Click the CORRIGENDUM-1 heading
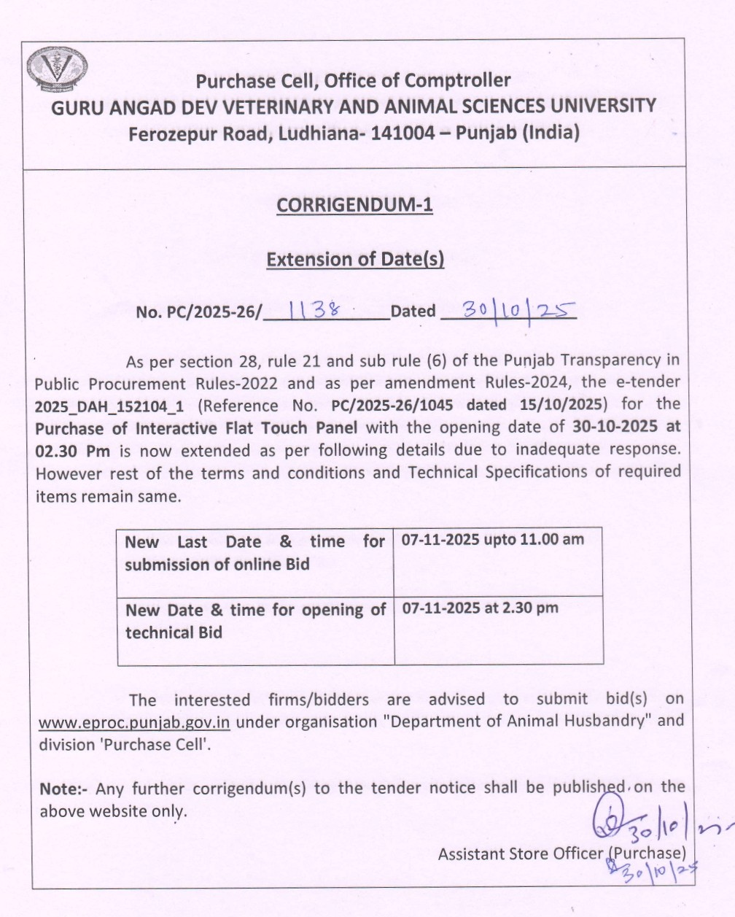354,205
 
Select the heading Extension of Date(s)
355,259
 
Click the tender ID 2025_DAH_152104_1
109,406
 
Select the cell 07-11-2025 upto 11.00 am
493,540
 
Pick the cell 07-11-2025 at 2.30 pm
480,608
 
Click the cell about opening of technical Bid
255,621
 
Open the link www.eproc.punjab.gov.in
134,722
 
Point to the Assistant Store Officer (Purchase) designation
561,853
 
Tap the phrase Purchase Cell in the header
257,80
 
